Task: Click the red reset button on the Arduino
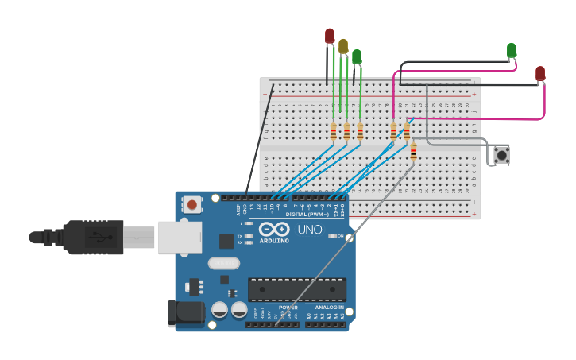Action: pyautogui.click(x=191, y=205)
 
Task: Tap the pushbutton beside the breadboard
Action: pyautogui.click(x=501, y=154)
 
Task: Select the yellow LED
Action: pyautogui.click(x=343, y=46)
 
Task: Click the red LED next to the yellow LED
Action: pyautogui.click(x=330, y=36)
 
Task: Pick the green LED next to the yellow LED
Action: pyautogui.click(x=357, y=56)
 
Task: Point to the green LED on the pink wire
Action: pyautogui.click(x=512, y=50)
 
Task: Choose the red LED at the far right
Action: pyautogui.click(x=540, y=73)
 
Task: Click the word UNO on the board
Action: pyautogui.click(x=310, y=230)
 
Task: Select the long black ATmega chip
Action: pyautogui.click(x=297, y=289)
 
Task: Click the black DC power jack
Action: pyautogui.click(x=184, y=313)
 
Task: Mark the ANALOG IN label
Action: pyautogui.click(x=330, y=307)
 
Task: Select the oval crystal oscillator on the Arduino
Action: pyautogui.click(x=223, y=263)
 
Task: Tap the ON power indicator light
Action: pyautogui.click(x=330, y=236)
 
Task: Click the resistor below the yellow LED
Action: pyautogui.click(x=346, y=131)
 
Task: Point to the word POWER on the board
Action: pyautogui.click(x=288, y=307)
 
